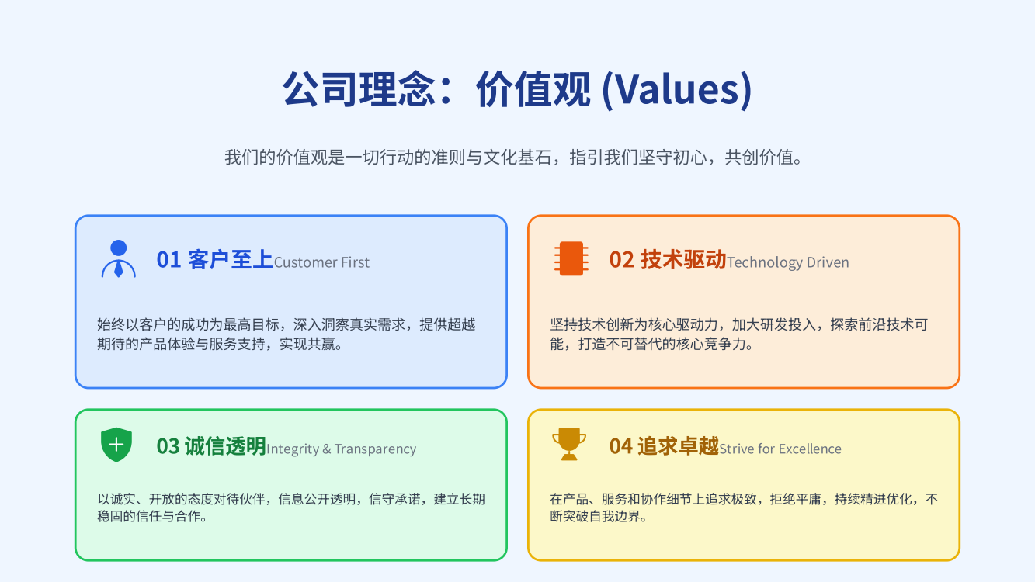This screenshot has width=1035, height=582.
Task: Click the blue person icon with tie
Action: pyautogui.click(x=119, y=258)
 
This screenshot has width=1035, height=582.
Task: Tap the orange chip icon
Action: pyautogui.click(x=571, y=258)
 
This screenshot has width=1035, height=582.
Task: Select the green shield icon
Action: pyautogui.click(x=116, y=445)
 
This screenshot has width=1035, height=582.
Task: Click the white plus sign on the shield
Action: pyautogui.click(x=116, y=445)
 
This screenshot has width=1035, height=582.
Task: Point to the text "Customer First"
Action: pyautogui.click(x=321, y=262)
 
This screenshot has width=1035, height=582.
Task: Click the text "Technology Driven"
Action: pyautogui.click(x=788, y=262)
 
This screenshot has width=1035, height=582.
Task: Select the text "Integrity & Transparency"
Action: pyautogui.click(x=341, y=449)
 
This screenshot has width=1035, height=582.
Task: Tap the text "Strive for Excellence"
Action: pyautogui.click(x=780, y=449)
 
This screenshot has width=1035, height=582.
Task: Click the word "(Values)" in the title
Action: pyautogui.click(x=677, y=89)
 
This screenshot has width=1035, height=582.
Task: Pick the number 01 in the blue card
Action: pyautogui.click(x=168, y=260)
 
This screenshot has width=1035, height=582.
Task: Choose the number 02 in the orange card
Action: pyautogui.click(x=621, y=260)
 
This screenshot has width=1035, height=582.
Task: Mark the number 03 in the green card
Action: pyautogui.click(x=168, y=446)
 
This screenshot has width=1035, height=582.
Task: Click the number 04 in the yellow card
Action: pyautogui.click(x=621, y=446)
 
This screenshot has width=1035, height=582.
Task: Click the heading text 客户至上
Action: pyautogui.click(x=231, y=260)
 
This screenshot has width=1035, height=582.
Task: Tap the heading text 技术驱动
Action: pyautogui.click(x=683, y=260)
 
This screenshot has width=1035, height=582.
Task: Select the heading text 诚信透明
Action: pyautogui.click(x=225, y=446)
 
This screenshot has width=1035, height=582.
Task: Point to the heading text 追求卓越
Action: pyautogui.click(x=679, y=446)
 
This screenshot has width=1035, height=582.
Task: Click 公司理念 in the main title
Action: pyautogui.click(x=359, y=89)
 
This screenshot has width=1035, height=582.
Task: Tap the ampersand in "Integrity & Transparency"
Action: pyautogui.click(x=327, y=449)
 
